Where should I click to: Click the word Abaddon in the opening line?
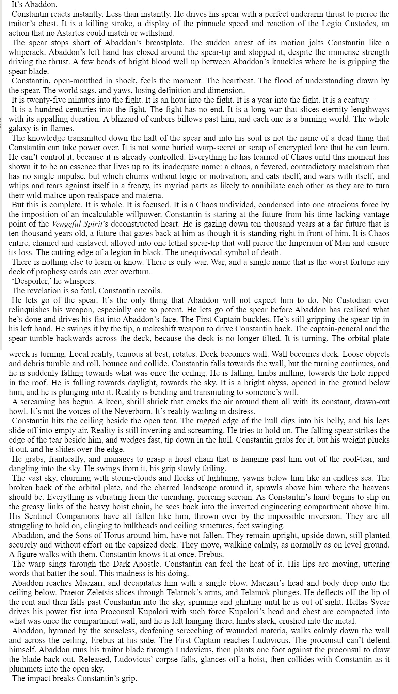point(38,5)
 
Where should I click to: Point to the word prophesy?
point(48,272)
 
